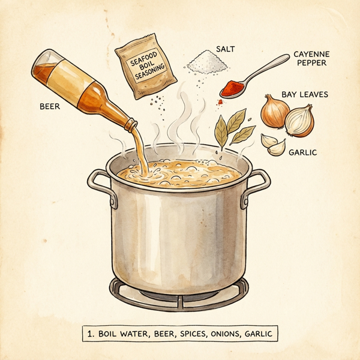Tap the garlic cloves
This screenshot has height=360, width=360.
coord(274,145)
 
